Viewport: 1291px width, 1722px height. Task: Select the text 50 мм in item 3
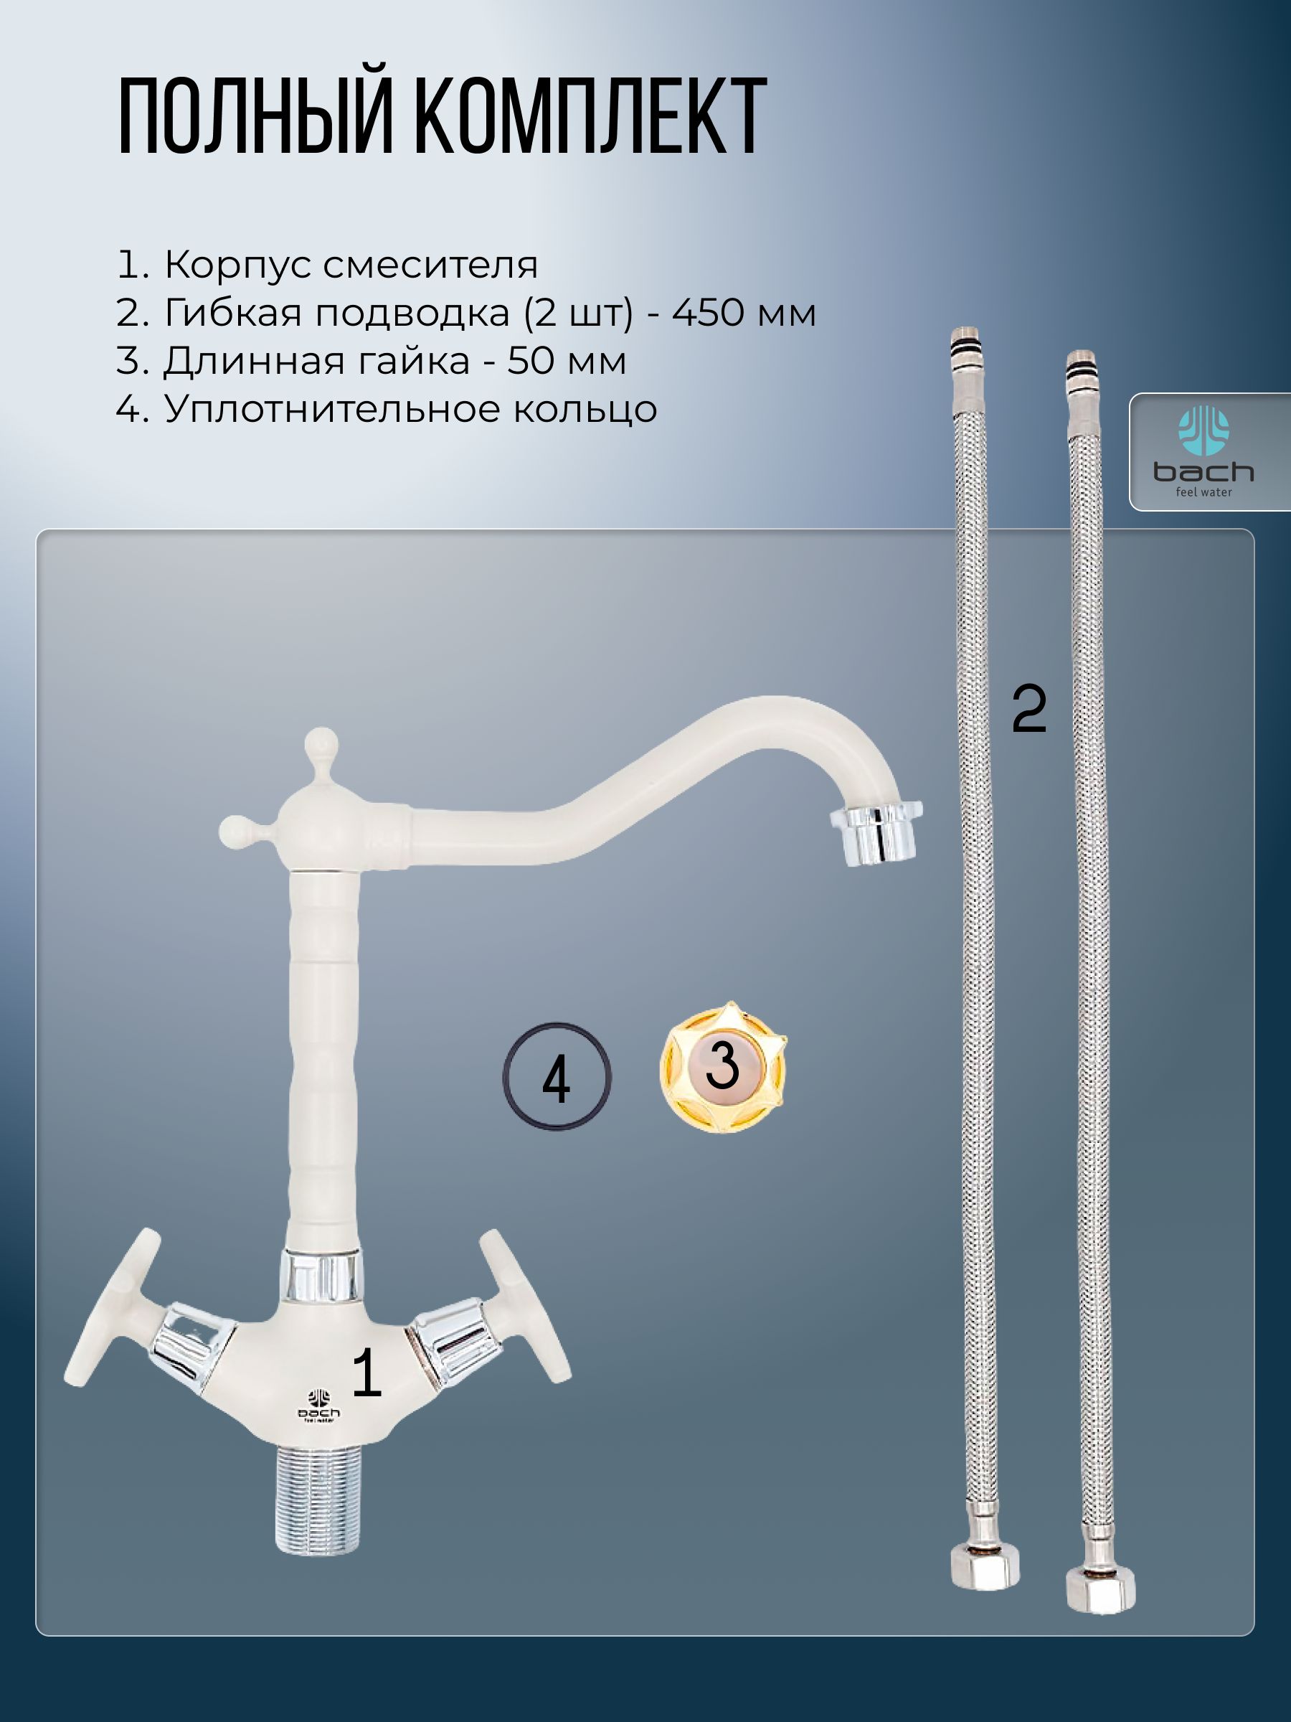(x=567, y=361)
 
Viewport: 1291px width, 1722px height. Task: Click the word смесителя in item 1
(x=430, y=265)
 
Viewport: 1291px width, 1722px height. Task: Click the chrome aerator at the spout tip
(x=877, y=834)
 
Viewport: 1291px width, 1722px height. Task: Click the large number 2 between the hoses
(x=1028, y=708)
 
